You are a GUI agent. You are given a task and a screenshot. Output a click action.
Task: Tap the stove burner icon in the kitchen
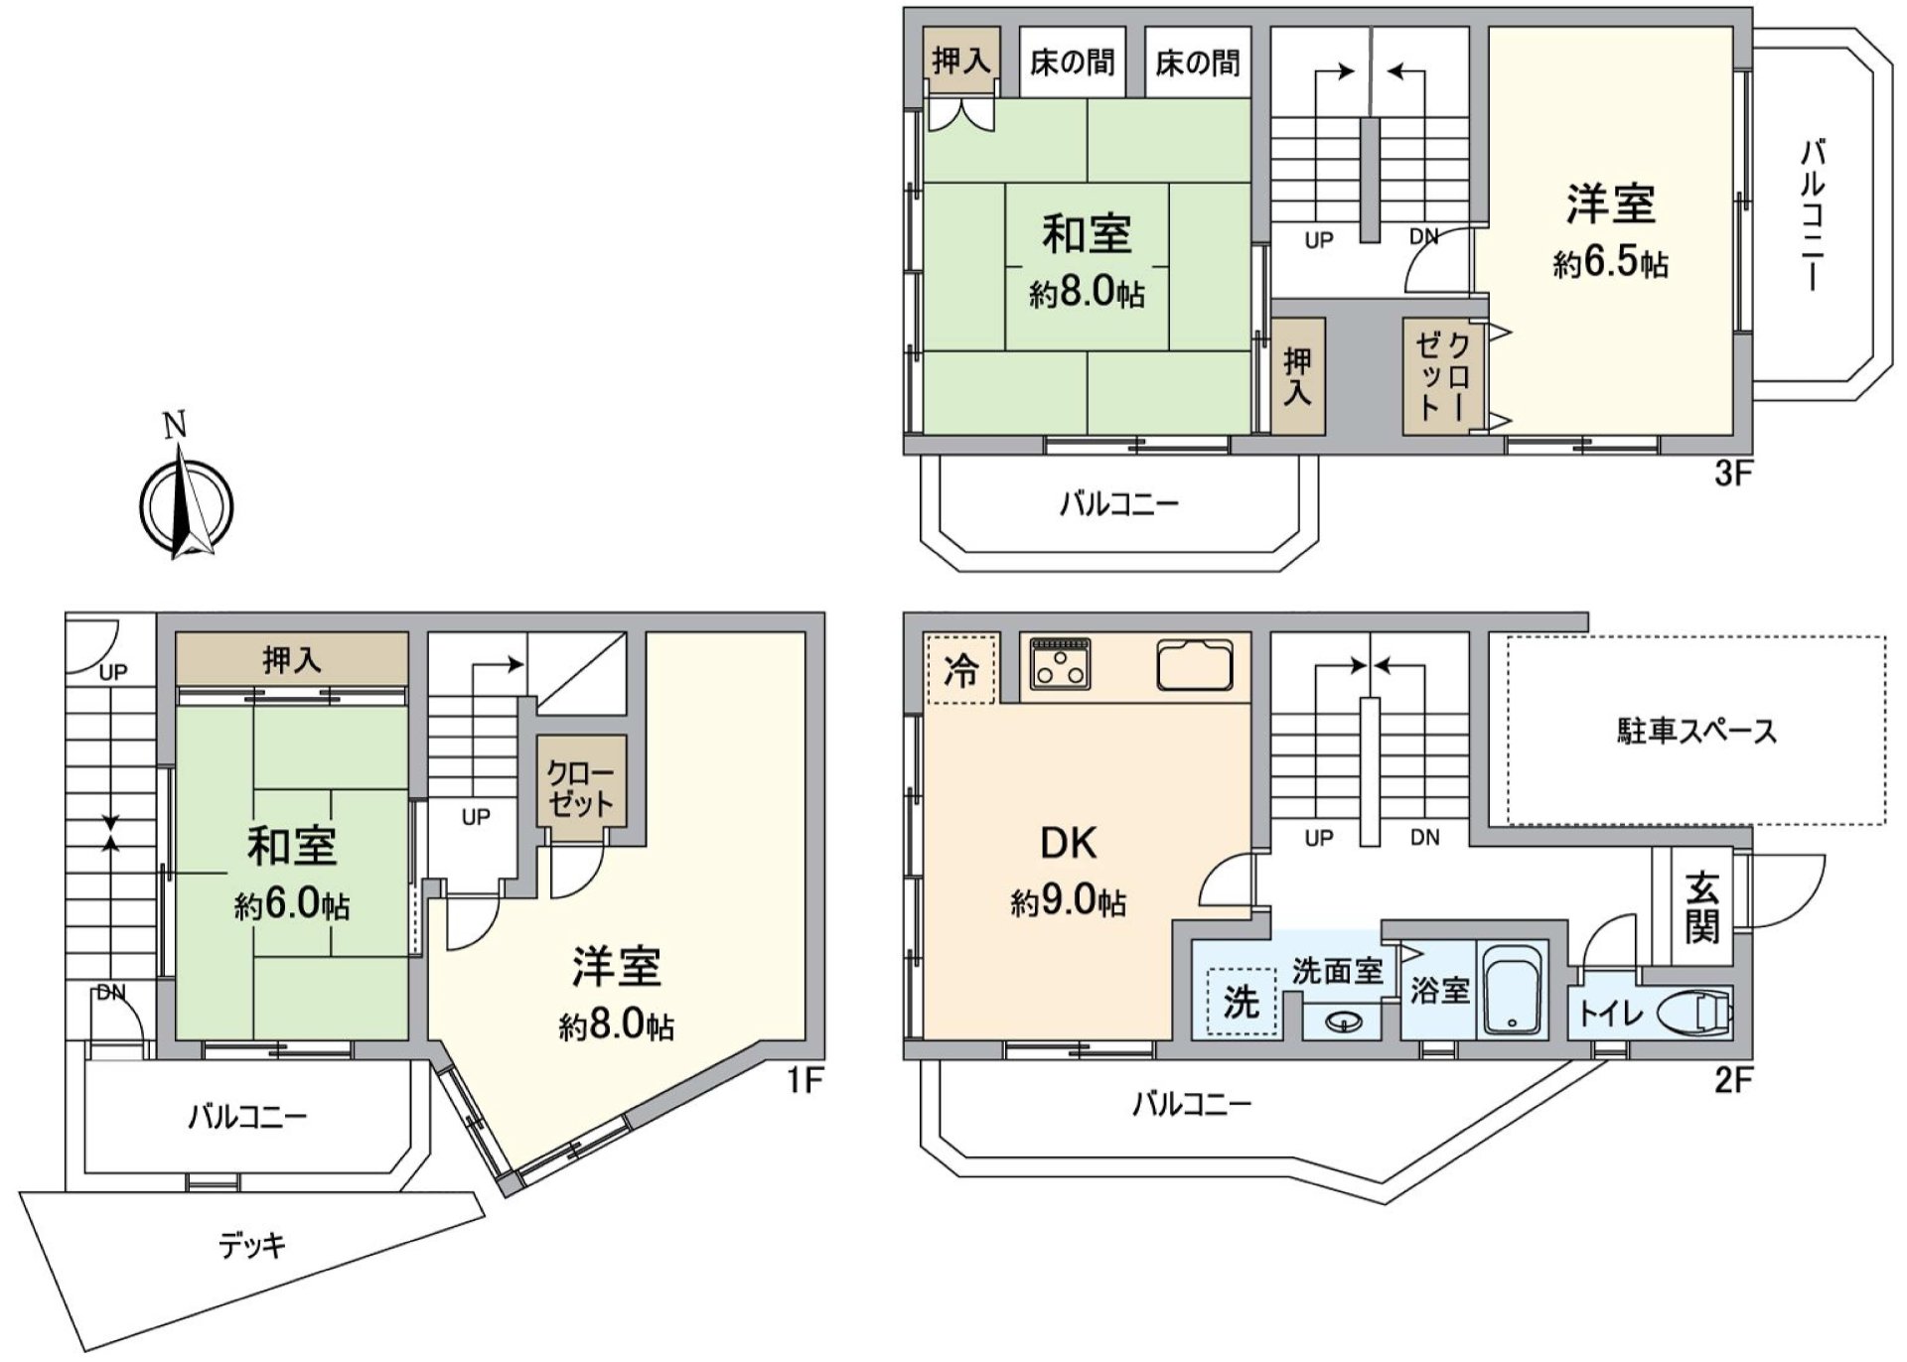pos(1061,663)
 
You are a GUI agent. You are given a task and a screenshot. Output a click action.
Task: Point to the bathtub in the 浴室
pos(1513,991)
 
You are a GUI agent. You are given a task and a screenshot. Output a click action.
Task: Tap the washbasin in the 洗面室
pos(1341,1020)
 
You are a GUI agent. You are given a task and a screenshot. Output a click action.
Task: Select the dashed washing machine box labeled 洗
pos(1241,1002)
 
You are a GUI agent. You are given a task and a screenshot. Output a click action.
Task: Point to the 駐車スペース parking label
pos(1696,732)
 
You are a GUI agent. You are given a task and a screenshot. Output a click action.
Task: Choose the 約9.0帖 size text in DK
pos(1068,902)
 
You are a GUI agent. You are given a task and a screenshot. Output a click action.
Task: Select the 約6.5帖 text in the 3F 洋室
pos(1610,263)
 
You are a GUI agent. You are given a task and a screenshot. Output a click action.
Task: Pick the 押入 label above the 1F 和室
pos(292,659)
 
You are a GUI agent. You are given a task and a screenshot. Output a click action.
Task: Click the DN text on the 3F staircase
pos(1424,237)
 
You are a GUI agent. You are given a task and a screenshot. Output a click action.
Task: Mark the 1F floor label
pos(805,1080)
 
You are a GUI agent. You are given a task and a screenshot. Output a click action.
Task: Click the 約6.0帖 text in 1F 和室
pos(291,905)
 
